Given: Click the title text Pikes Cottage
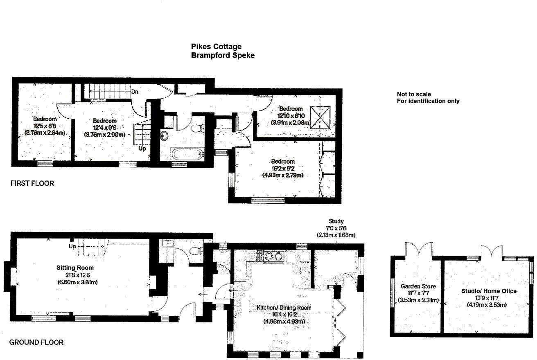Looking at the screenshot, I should [x=216, y=47].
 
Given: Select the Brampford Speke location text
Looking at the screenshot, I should [x=223, y=55].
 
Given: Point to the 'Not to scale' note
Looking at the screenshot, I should [x=413, y=94].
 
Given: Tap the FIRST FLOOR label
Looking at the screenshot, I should [x=32, y=184].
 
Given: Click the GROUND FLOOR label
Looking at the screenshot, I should [x=36, y=342].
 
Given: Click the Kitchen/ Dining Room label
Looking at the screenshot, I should [x=284, y=308].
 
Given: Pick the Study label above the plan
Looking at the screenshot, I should [x=336, y=221].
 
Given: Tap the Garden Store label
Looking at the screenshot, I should [x=418, y=286].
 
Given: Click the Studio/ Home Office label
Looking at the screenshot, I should [x=489, y=291].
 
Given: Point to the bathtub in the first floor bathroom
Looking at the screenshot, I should [x=187, y=155].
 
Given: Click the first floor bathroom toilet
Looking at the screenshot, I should [x=198, y=129].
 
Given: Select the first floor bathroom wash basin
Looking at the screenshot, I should [x=165, y=135].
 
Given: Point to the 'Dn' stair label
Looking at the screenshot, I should [x=135, y=92].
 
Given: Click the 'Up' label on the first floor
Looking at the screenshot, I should [x=142, y=148].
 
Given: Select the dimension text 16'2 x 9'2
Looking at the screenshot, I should [x=282, y=168].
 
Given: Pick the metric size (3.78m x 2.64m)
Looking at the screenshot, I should [x=45, y=133].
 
